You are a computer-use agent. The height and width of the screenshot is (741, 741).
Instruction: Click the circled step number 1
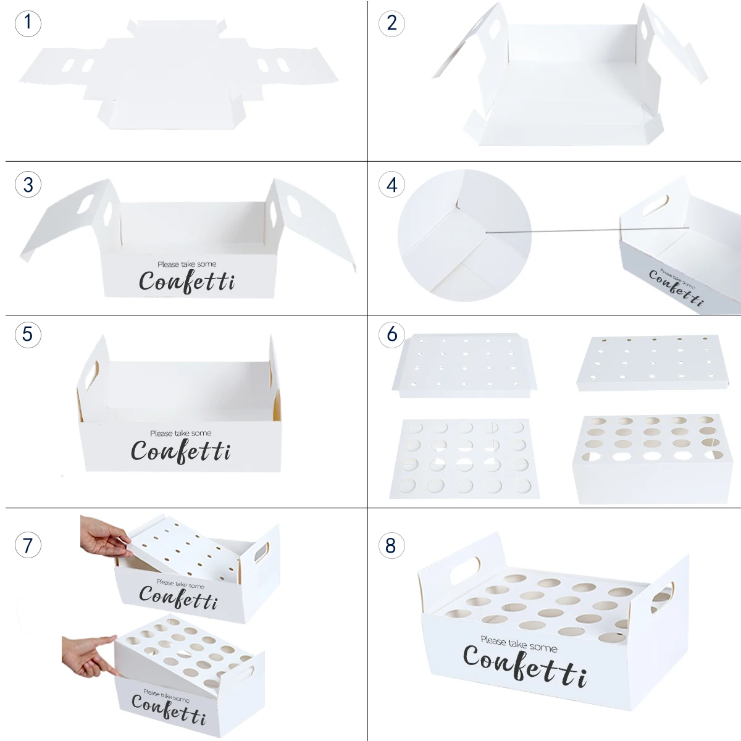coord(28,23)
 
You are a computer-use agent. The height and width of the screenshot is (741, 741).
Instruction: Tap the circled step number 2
coord(391,23)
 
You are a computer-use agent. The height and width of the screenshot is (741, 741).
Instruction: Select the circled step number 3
coord(28,185)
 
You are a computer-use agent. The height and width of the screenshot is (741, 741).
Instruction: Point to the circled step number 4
coord(391,185)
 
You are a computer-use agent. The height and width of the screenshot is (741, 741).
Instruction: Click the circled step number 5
coord(28,334)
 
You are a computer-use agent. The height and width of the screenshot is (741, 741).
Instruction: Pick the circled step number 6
coord(391,334)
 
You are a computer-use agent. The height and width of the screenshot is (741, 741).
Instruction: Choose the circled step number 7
coord(28,545)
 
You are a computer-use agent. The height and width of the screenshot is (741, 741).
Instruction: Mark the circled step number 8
coord(391,545)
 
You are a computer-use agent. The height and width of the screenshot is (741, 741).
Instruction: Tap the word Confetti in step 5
coord(181,451)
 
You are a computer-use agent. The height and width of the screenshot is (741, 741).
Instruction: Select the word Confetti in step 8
coord(525,666)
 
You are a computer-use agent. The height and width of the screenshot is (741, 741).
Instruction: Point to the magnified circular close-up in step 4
coord(464,235)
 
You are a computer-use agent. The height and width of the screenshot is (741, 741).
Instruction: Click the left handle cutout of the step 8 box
coord(465,571)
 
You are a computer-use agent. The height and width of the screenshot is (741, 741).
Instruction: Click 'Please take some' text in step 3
coord(187,264)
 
